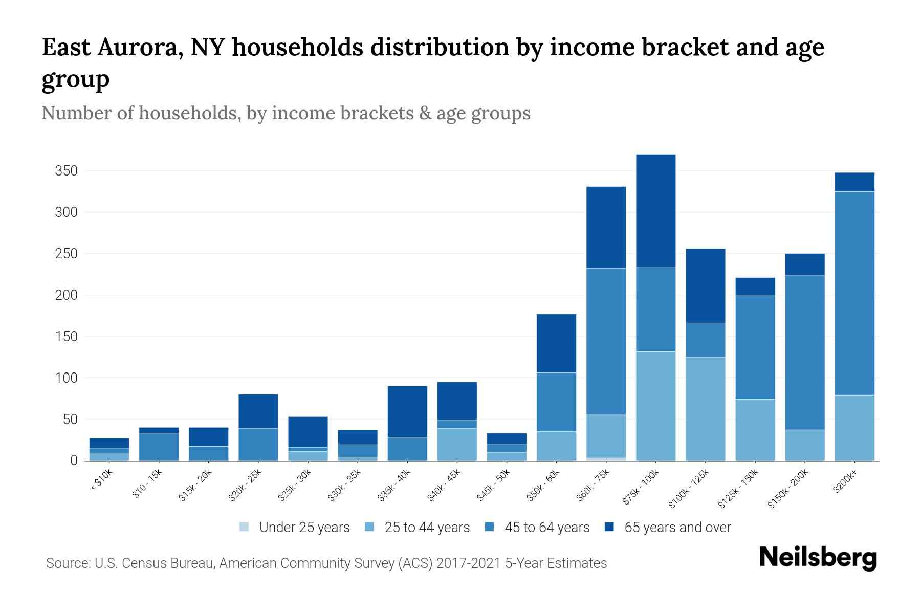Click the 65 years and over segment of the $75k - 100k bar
tap(655, 211)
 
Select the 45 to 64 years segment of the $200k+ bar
tap(854, 293)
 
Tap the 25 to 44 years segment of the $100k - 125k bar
tap(705, 408)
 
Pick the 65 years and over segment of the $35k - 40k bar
tap(407, 411)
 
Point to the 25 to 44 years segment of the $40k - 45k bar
tap(457, 444)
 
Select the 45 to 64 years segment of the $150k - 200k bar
tap(804, 352)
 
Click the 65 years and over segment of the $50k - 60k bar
tap(556, 343)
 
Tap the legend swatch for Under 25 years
tap(245, 527)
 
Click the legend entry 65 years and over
tap(677, 527)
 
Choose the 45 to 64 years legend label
tap(546, 527)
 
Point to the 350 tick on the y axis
tap(66, 171)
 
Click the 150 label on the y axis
tap(66, 337)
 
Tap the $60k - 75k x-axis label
tap(594, 486)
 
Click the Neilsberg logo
tap(818, 558)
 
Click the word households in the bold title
tap(297, 47)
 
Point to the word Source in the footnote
tap(67, 563)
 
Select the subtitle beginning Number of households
tap(286, 113)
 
